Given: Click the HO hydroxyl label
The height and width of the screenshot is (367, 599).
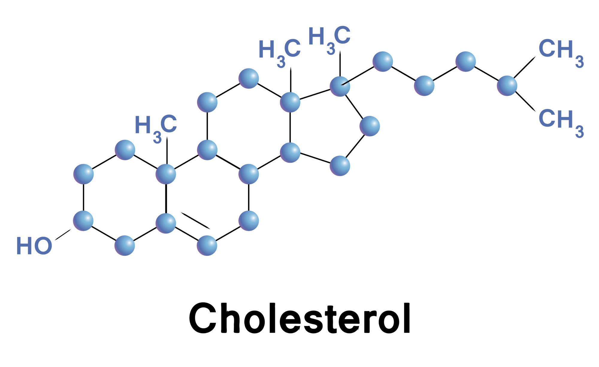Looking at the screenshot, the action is point(34,246).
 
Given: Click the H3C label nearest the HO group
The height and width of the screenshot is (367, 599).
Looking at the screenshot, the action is point(156,128).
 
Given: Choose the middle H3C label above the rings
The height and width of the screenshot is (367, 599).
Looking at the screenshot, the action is point(279,52).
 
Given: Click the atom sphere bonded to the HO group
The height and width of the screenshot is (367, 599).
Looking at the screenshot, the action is point(83,221).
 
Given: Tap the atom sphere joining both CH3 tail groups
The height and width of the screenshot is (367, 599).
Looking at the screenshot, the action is point(507,86).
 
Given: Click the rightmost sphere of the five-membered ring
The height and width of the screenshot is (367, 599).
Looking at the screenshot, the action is point(370,126).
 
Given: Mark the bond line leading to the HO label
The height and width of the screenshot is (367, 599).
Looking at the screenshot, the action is point(63,235).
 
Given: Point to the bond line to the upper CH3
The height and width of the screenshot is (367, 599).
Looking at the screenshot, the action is point(524,67).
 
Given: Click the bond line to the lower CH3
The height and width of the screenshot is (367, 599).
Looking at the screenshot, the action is point(525,101).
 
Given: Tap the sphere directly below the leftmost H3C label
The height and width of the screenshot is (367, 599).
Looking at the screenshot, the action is point(166,174).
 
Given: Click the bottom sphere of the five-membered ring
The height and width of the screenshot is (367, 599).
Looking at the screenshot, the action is point(340,166).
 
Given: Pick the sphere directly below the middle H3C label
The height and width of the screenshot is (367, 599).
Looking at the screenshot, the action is point(290,102).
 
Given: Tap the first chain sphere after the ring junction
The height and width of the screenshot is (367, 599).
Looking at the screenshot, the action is point(382,61).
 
